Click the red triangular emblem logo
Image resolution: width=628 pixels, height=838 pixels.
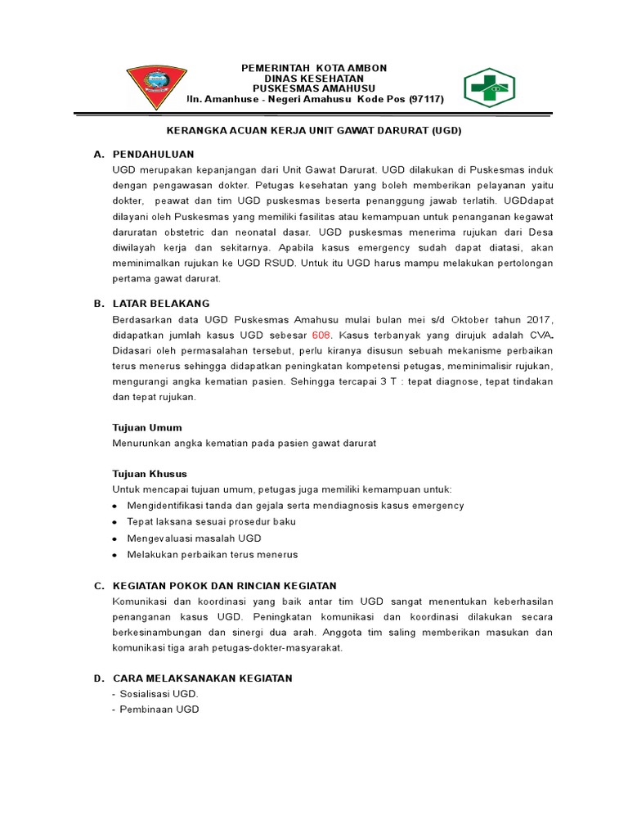(x=155, y=85)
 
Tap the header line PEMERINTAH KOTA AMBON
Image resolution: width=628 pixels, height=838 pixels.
(x=314, y=68)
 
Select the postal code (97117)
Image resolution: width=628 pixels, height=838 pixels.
(x=419, y=99)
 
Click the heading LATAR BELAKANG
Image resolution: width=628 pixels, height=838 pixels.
(x=161, y=303)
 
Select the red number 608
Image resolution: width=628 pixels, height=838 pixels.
(x=321, y=336)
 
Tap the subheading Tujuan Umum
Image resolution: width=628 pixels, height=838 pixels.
(x=146, y=427)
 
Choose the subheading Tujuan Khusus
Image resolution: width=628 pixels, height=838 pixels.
(x=150, y=473)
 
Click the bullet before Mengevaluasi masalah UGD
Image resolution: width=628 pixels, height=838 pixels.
(x=114, y=538)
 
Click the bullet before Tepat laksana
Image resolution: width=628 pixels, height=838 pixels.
(x=114, y=522)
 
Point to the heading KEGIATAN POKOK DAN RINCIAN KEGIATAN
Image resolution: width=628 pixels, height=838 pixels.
(x=224, y=585)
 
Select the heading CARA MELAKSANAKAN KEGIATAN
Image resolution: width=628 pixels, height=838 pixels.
(x=202, y=678)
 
